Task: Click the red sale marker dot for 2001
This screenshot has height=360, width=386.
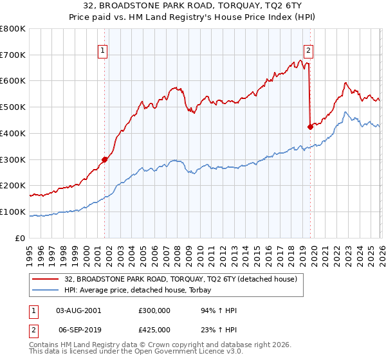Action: [104, 159]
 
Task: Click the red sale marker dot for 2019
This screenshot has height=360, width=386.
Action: [310, 127]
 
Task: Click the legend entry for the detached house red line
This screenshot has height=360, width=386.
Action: [181, 279]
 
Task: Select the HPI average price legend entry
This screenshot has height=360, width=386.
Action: [142, 291]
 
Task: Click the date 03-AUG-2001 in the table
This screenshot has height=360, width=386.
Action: [78, 310]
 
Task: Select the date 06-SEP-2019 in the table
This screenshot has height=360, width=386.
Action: [78, 330]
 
